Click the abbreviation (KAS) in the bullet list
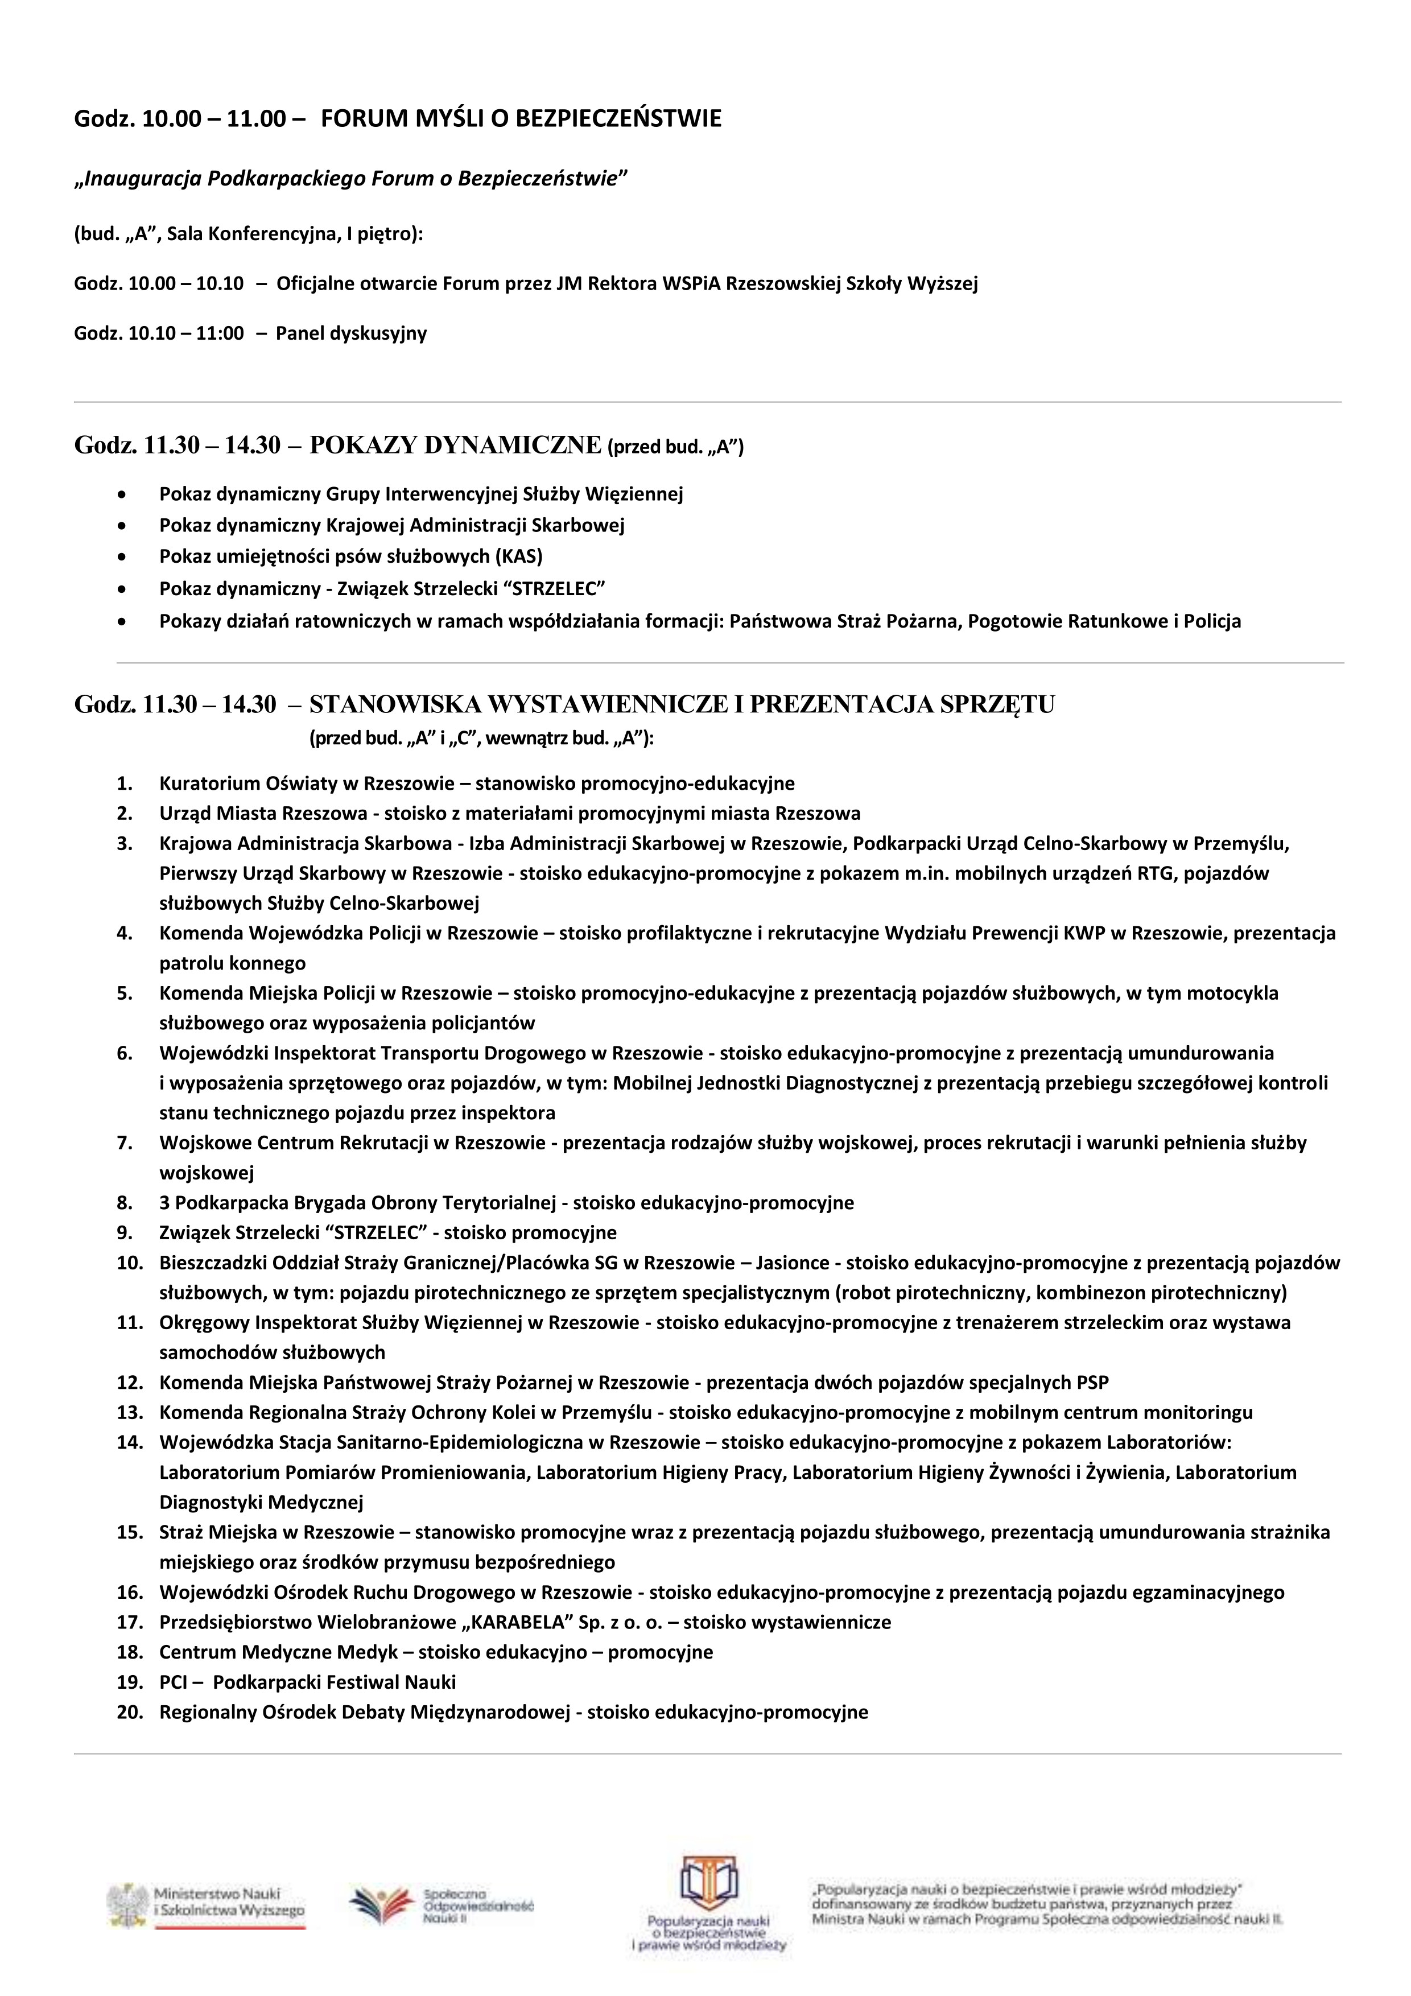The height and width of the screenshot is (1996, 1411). coord(518,556)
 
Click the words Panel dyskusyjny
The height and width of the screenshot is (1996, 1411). coord(350,334)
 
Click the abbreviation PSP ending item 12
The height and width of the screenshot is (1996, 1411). coord(1092,1382)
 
